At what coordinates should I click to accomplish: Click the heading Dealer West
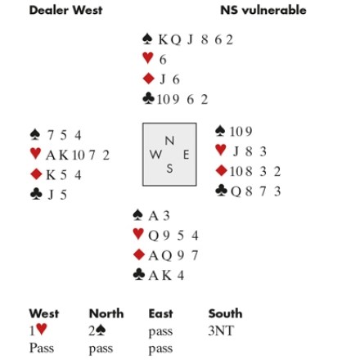click(x=65, y=10)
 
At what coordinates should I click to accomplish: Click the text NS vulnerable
click(x=263, y=10)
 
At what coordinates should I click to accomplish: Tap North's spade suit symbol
click(x=147, y=39)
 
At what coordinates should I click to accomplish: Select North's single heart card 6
click(x=163, y=60)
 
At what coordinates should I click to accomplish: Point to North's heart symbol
click(x=148, y=58)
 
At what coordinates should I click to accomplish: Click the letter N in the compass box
click(x=169, y=141)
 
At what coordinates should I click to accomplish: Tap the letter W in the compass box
click(x=155, y=155)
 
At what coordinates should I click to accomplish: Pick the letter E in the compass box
click(x=186, y=155)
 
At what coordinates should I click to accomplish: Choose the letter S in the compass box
click(x=169, y=169)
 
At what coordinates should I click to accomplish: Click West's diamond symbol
click(x=36, y=174)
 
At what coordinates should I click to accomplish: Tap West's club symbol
click(x=36, y=194)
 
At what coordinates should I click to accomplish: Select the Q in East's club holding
click(x=236, y=191)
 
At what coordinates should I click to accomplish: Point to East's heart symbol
click(x=221, y=150)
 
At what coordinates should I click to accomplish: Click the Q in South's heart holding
click(x=154, y=236)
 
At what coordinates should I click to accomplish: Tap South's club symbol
click(x=139, y=275)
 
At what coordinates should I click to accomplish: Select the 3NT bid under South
click(x=221, y=331)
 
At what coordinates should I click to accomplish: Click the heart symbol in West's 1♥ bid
click(x=41, y=329)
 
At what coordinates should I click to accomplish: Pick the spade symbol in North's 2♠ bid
click(x=101, y=331)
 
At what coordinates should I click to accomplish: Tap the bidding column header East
click(x=160, y=313)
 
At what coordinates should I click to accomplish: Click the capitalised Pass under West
click(x=42, y=349)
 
